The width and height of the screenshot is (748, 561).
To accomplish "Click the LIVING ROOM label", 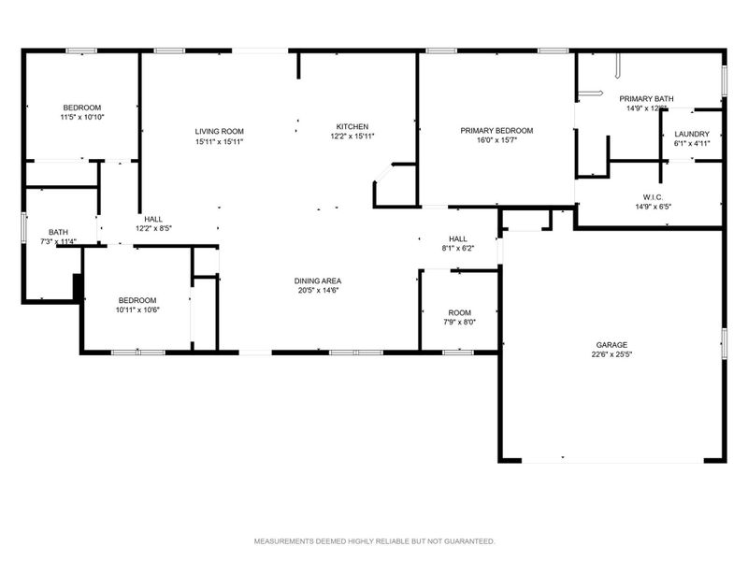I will (x=220, y=131).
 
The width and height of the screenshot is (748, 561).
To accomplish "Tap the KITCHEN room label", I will (x=352, y=126).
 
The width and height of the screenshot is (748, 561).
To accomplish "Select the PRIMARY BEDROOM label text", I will (x=496, y=131).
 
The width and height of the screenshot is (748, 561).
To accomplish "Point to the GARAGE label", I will (x=612, y=344).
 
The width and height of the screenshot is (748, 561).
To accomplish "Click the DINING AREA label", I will (x=318, y=280).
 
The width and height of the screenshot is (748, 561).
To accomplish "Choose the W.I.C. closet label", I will (x=652, y=196).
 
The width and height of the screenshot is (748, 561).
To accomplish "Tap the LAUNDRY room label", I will (x=692, y=134).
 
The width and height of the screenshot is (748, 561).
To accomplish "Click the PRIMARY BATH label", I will (x=646, y=98).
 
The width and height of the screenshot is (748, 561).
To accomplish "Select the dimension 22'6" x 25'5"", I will (x=612, y=354).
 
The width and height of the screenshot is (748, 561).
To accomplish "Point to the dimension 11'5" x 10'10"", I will (x=81, y=117).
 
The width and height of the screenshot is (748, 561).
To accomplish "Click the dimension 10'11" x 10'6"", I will (x=137, y=309).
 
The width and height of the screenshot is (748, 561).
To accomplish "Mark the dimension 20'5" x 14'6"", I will (x=318, y=290).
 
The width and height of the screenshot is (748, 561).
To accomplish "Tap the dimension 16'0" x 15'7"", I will (x=496, y=140).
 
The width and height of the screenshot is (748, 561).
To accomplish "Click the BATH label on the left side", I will (x=59, y=232).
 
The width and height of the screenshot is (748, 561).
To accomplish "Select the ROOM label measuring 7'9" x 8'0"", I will (x=459, y=312).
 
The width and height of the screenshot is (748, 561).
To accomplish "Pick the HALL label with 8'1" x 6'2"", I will (x=457, y=238).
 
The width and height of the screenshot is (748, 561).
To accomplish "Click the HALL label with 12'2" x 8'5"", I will (x=152, y=218).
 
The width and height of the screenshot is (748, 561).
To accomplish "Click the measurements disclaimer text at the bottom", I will (x=374, y=541).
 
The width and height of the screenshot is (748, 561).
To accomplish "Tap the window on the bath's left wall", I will (x=23, y=229).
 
